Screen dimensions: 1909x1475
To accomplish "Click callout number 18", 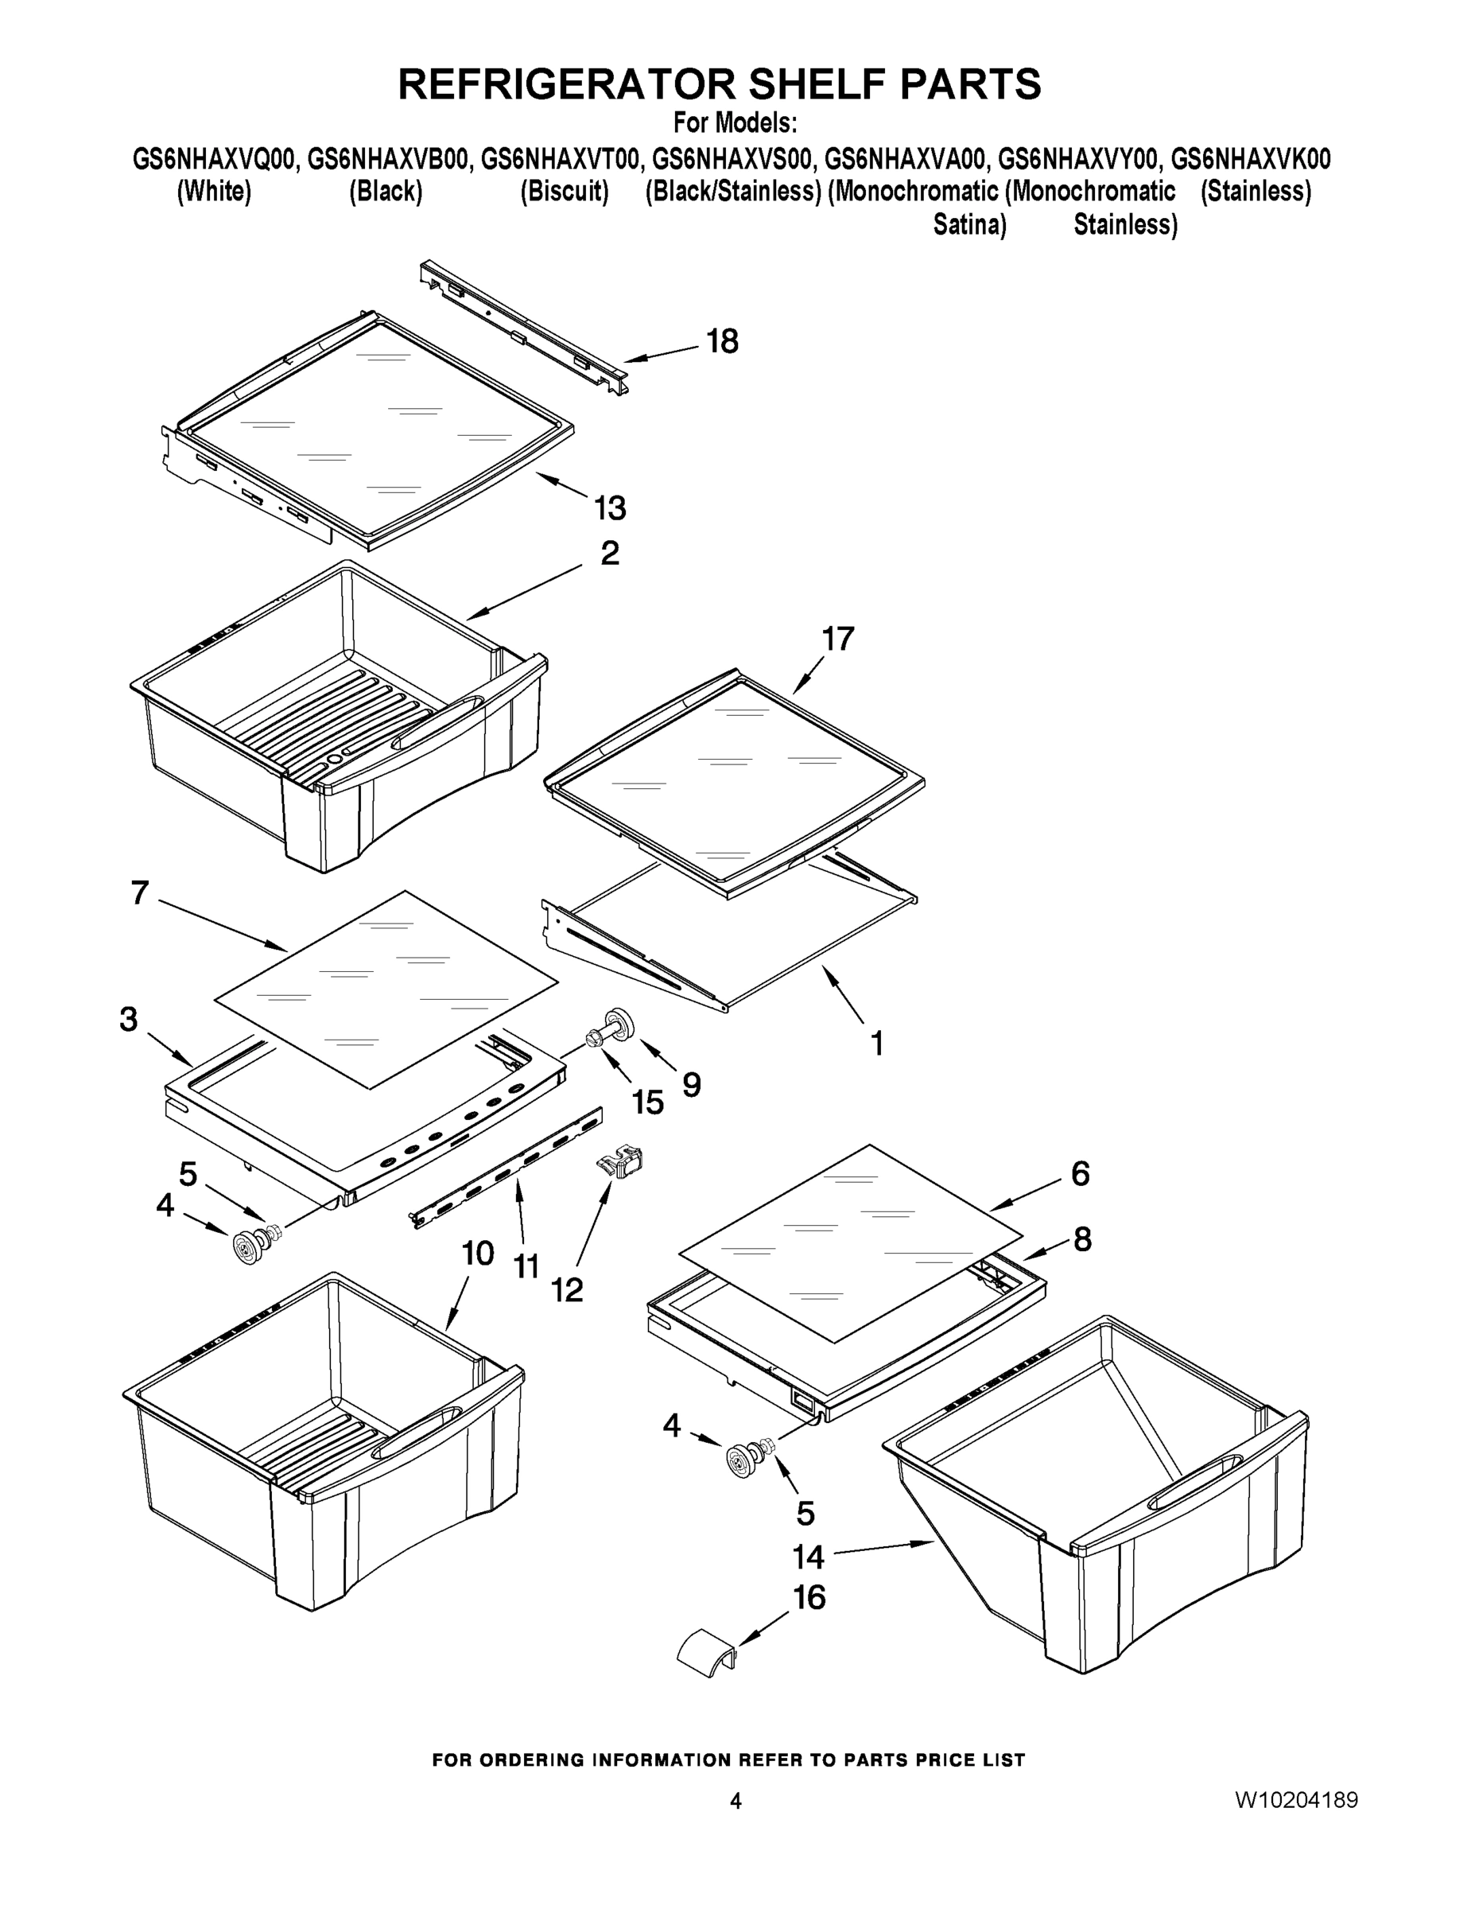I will (x=723, y=341).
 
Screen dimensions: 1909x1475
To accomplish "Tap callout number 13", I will (x=610, y=507).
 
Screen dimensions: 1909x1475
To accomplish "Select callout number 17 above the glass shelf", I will (x=837, y=639).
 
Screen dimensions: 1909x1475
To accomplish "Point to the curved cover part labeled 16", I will (x=707, y=1653).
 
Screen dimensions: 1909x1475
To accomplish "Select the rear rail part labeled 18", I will (x=524, y=328).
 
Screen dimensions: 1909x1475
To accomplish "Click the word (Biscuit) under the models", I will (x=565, y=191).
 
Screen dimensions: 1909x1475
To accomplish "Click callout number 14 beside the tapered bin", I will (x=809, y=1557).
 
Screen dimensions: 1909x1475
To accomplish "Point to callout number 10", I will (x=477, y=1254).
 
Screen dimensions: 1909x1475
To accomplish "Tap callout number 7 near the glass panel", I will (x=140, y=892).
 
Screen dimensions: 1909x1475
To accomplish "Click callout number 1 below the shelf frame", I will (x=876, y=1043).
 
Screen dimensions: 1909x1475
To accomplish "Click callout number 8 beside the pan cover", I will (x=1081, y=1238).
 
